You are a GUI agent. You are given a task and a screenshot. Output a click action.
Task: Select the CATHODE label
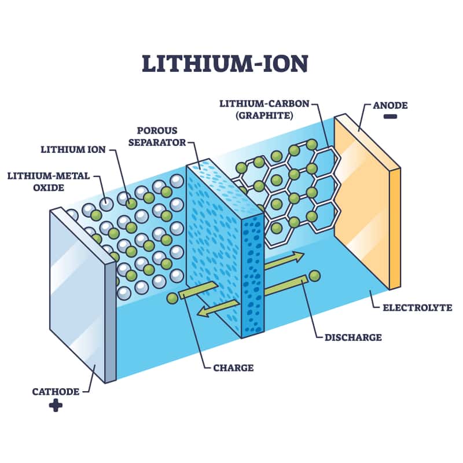pos(56,392)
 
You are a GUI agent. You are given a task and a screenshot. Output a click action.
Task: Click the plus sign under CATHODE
pos(56,405)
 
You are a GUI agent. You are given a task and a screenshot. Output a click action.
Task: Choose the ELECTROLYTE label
pos(417,307)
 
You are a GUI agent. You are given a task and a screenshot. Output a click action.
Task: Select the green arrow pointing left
pos(216,311)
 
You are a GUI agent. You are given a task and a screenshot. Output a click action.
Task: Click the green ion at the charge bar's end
pos(172,299)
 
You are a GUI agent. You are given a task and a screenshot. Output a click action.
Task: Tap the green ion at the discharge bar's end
pos(315,277)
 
